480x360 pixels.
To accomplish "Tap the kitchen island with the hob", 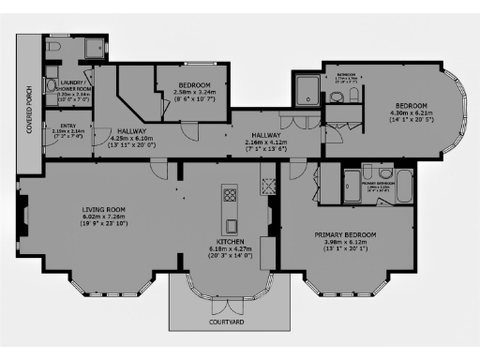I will (230, 207).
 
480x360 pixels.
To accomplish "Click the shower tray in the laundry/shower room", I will (93, 50).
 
